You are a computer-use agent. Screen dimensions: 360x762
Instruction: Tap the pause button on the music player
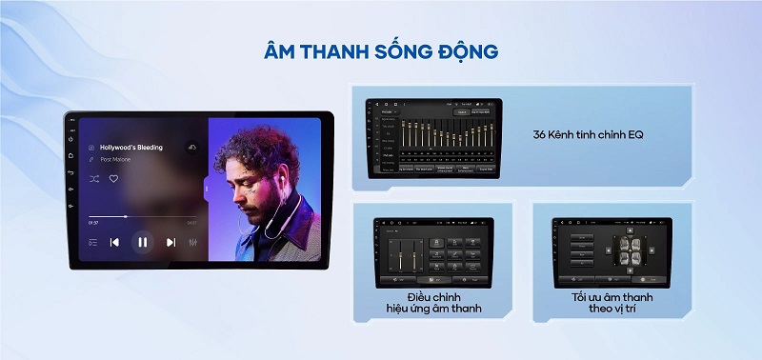point(142,242)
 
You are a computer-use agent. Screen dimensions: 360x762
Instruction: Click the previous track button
point(114,242)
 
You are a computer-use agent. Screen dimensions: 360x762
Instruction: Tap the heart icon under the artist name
point(113,178)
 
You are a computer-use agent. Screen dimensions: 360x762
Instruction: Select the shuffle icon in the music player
point(93,178)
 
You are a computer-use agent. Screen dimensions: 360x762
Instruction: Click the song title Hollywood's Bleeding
point(130,148)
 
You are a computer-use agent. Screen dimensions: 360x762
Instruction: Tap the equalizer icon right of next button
point(193,242)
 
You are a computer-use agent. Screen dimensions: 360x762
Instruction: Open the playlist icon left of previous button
point(92,242)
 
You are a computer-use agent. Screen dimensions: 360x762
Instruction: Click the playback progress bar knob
point(126,216)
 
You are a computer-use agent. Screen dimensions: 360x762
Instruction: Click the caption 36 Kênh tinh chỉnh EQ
point(589,134)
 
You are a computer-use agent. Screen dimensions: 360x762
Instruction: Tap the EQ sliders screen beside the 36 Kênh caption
point(433,136)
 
